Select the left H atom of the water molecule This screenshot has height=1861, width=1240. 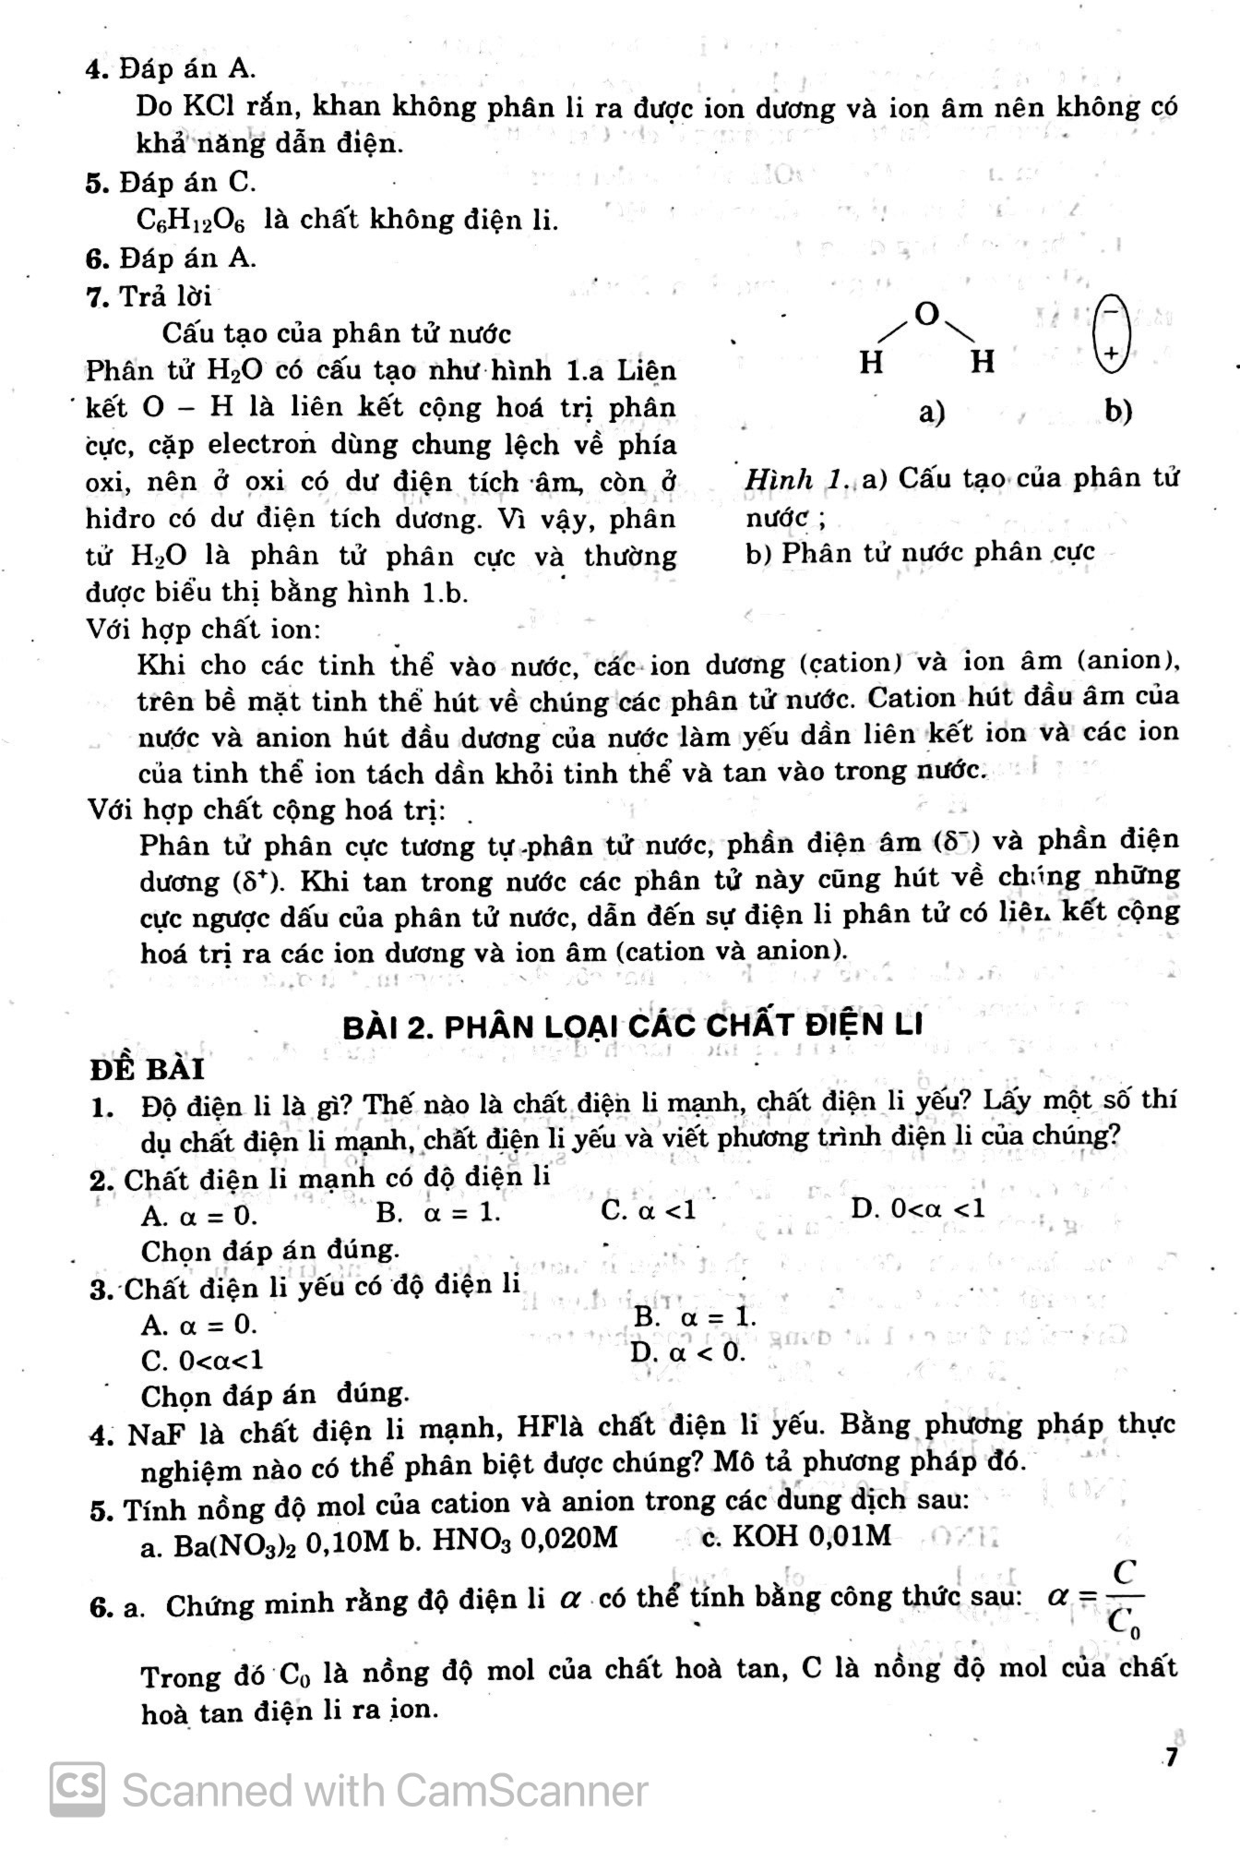(x=871, y=363)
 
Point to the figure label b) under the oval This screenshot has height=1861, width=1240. (x=1118, y=411)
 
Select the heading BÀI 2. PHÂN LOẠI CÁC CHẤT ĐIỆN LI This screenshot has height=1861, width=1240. (x=632, y=1026)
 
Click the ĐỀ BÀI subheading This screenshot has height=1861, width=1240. (x=147, y=1069)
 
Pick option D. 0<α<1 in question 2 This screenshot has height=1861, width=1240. (x=918, y=1208)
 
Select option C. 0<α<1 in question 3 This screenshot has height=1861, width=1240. (x=202, y=1361)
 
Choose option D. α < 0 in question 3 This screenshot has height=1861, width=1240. (x=687, y=1353)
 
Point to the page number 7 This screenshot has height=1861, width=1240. (x=1171, y=1758)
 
